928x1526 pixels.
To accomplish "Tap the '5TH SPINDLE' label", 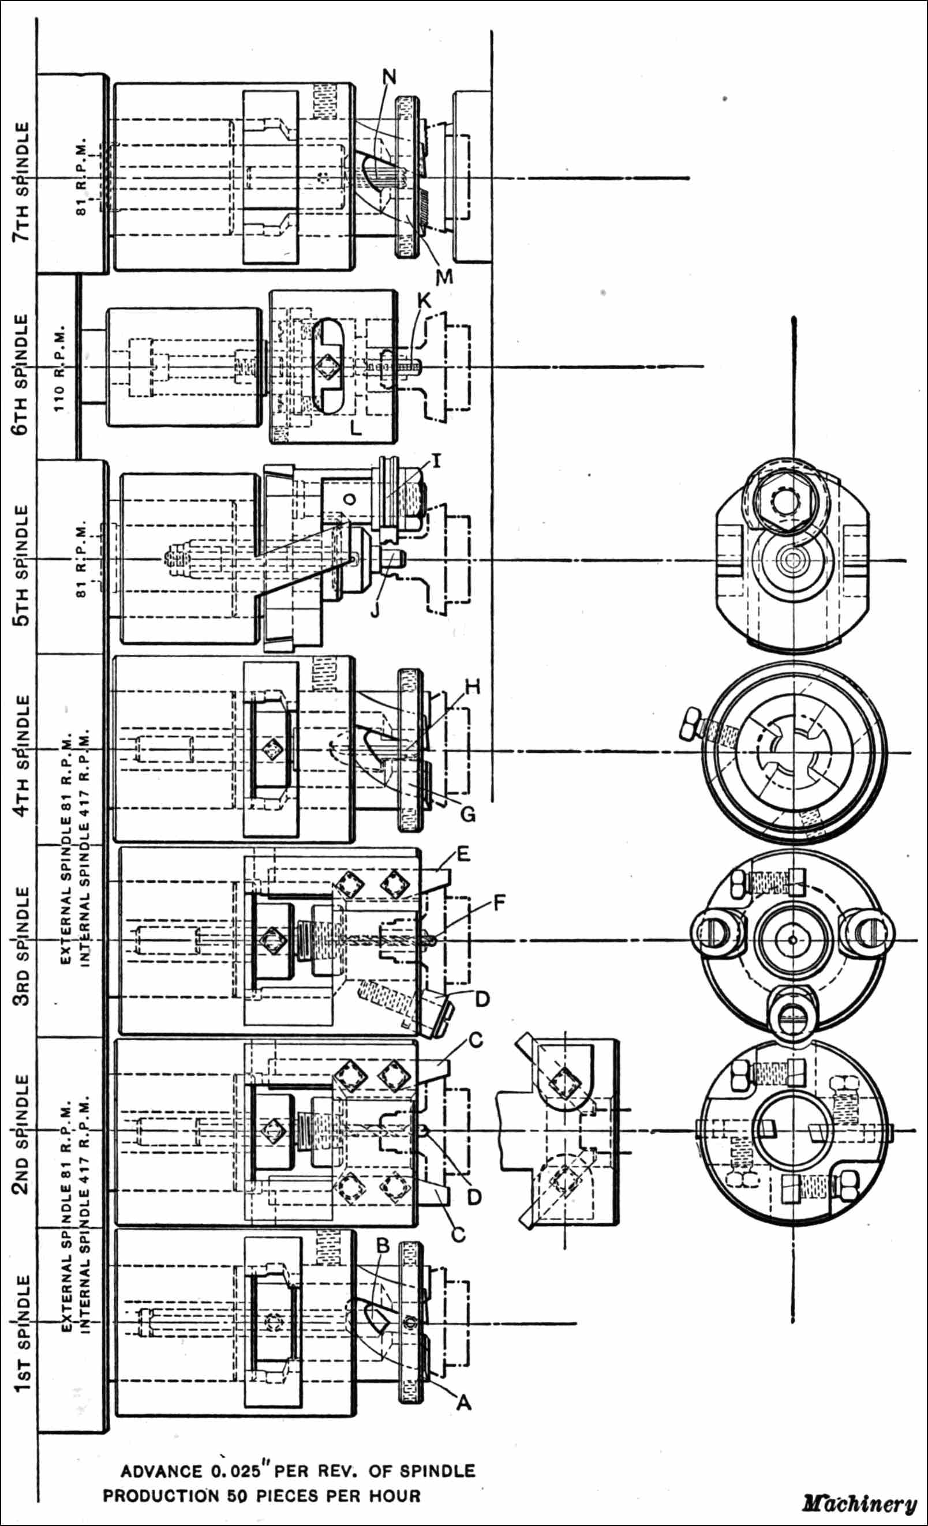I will (22, 565).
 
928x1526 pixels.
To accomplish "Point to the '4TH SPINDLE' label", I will (22, 755).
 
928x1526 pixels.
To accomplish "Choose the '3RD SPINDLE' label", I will (22, 946).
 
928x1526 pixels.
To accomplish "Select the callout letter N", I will (389, 77).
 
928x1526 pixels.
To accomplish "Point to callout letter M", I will (444, 277).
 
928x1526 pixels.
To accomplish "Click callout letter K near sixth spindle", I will (424, 301).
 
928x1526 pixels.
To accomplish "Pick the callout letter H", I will (473, 686).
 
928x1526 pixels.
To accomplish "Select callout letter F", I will (499, 903).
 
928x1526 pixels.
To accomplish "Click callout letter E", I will (463, 854).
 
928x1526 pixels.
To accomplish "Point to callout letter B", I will (383, 1245).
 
